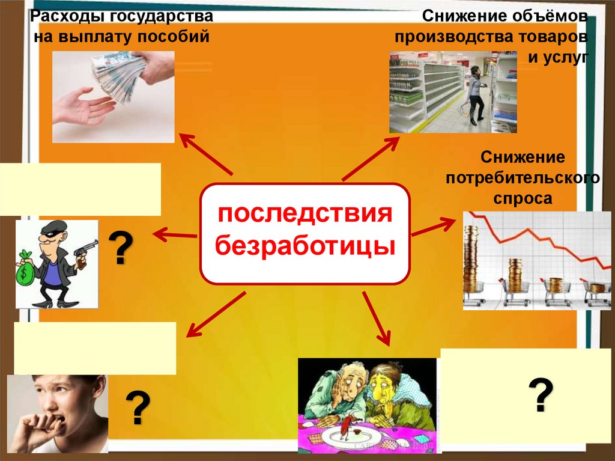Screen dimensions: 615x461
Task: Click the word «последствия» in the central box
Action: [x=304, y=214]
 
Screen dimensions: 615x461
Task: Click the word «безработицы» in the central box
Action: [x=304, y=246]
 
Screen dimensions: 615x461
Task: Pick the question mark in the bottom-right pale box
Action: [x=541, y=394]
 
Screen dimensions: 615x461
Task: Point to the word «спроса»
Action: [x=522, y=198]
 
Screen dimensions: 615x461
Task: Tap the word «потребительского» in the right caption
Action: [x=522, y=179]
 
